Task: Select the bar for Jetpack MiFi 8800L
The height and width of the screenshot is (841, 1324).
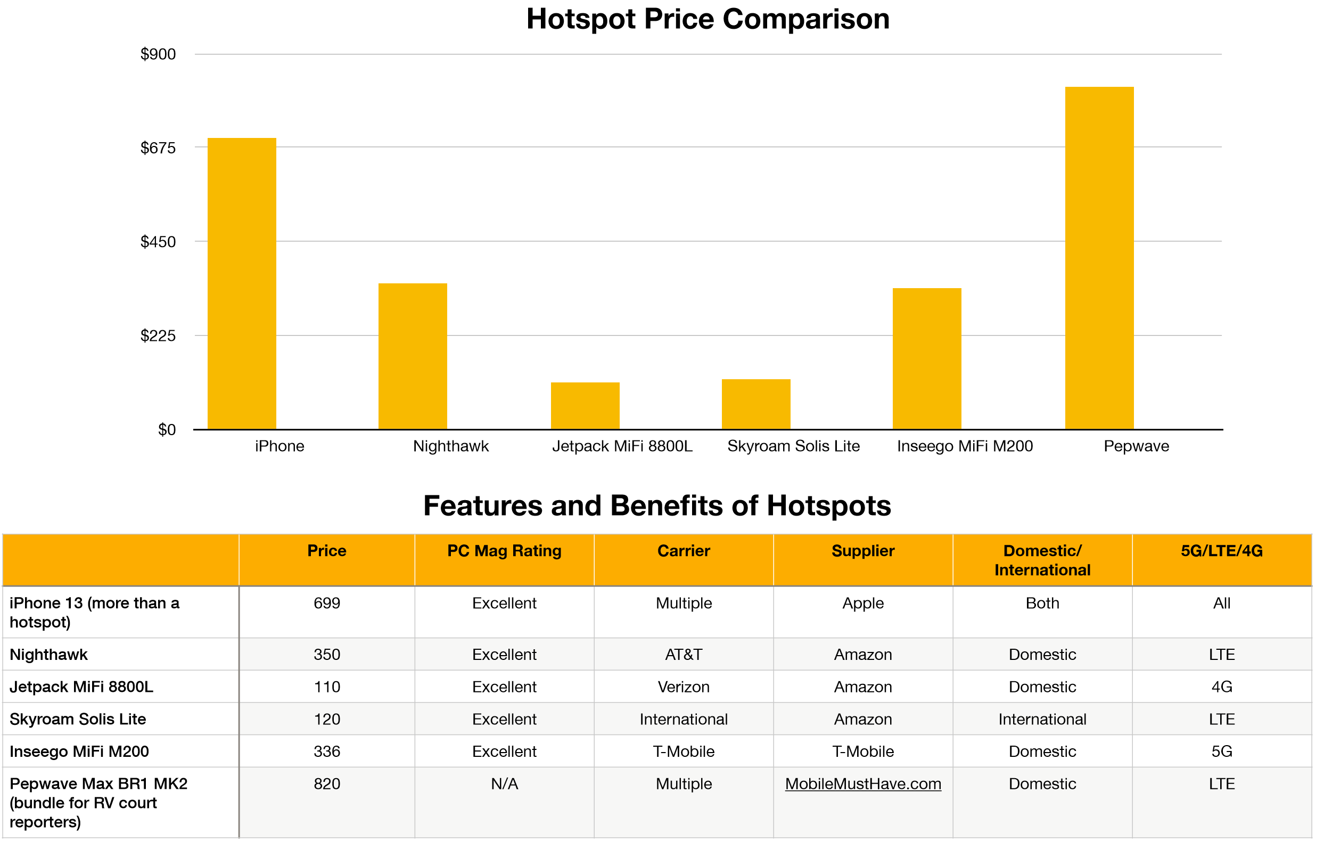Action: coord(585,405)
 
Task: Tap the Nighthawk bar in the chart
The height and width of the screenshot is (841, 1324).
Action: coord(413,356)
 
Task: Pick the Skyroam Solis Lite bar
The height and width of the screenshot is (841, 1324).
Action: coord(755,404)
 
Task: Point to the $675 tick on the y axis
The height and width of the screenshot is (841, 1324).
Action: coord(158,148)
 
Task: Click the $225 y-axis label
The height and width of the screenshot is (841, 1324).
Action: coord(158,336)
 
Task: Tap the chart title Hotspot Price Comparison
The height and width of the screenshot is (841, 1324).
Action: coord(708,19)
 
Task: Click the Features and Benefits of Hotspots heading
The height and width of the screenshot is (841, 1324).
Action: coord(656,505)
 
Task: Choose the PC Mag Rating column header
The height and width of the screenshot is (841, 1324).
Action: coord(504,551)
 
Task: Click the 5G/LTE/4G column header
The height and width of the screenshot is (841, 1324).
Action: coord(1221,551)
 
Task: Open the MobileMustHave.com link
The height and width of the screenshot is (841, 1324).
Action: coord(862,783)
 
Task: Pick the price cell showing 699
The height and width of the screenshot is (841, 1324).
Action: coord(326,603)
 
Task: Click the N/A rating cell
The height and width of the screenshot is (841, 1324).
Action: coord(504,783)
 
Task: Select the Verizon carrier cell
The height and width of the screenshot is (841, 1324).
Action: coord(684,687)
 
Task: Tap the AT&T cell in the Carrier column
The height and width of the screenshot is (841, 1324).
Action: coord(684,654)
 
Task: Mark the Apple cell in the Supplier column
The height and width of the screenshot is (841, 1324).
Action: coord(862,603)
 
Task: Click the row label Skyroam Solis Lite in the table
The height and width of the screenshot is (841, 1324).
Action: coord(78,719)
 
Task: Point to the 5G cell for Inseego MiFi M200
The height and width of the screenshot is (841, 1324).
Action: coord(1221,751)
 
